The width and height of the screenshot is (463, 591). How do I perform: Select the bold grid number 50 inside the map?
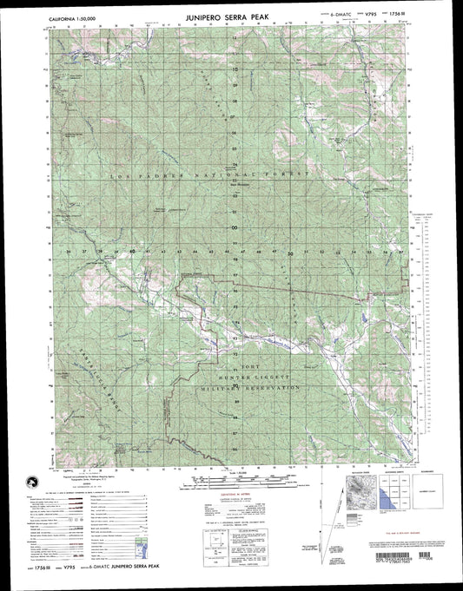coord(289,253)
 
